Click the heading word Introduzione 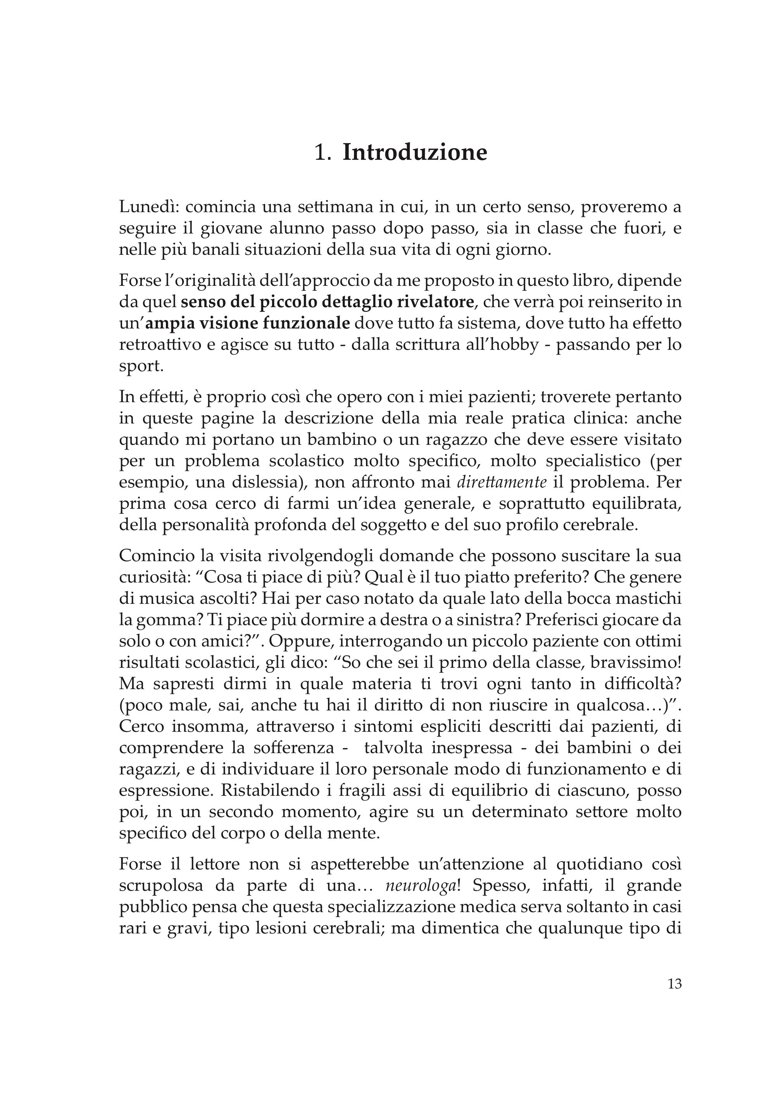(415, 152)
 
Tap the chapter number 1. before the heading (323, 153)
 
